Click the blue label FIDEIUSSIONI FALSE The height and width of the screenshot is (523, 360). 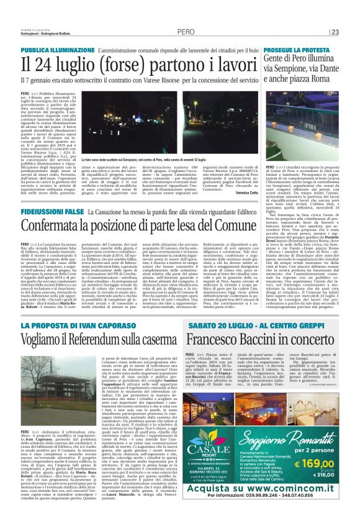click(48, 212)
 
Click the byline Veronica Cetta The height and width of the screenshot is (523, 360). click(242, 193)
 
